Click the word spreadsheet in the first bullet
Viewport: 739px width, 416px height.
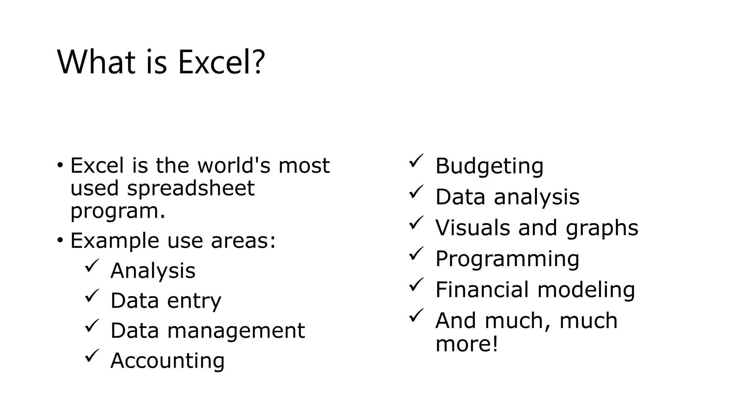(x=191, y=188)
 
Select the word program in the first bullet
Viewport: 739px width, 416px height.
(x=114, y=211)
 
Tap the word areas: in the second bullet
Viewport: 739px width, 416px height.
(x=243, y=240)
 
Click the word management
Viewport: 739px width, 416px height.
(x=236, y=330)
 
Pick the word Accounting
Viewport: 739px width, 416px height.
(x=167, y=360)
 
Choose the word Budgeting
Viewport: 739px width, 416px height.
(x=489, y=166)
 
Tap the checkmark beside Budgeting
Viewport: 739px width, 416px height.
(x=416, y=161)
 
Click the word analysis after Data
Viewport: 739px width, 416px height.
(x=537, y=197)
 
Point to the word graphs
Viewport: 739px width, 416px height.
(x=602, y=228)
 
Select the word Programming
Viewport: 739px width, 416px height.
(x=507, y=259)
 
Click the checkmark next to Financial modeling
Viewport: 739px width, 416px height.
(x=416, y=285)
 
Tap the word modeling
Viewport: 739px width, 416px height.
(x=586, y=290)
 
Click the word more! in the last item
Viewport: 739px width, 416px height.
(x=467, y=343)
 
